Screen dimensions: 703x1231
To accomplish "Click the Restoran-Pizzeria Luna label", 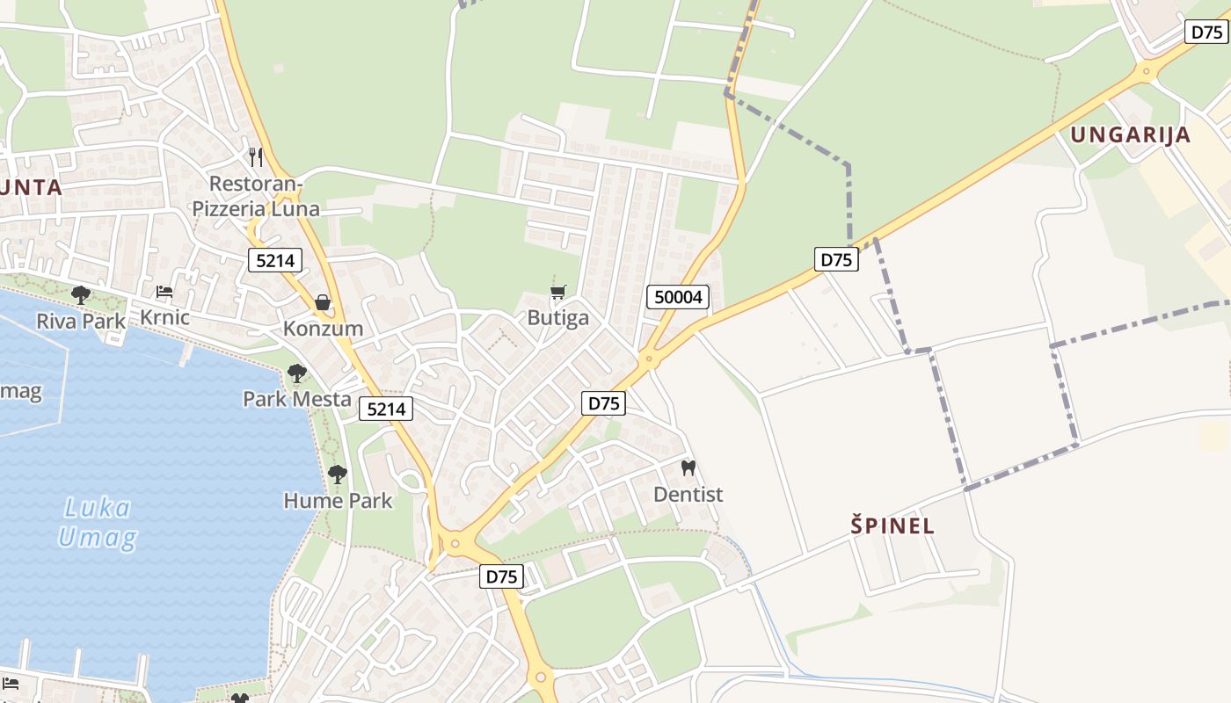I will click(256, 196).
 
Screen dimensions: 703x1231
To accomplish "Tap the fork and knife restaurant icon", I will click(256, 157).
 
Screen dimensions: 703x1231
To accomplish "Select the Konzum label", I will click(323, 329).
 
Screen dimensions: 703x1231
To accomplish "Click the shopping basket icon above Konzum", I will click(323, 302).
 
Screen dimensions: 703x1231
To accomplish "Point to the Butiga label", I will click(558, 317).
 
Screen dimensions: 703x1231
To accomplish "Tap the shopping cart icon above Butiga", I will click(558, 292).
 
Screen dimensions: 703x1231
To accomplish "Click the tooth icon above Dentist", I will click(688, 467).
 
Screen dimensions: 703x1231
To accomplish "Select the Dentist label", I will click(688, 494).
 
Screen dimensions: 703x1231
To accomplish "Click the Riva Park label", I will click(81, 321).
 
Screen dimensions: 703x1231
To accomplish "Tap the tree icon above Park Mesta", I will click(297, 373).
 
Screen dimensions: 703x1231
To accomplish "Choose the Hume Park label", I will click(338, 501).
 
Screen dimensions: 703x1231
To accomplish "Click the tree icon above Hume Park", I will click(337, 475).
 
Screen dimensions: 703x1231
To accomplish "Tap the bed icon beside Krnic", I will click(164, 292).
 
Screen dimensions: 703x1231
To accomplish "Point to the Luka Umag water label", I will click(97, 522).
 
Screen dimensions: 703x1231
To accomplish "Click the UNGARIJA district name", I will click(1131, 134).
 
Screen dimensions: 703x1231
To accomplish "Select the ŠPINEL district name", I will click(892, 526).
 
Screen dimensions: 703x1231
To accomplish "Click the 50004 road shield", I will click(679, 297).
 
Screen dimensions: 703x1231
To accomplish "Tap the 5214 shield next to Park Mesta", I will click(386, 408).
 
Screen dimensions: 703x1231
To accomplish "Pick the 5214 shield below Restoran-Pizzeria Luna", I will click(275, 260).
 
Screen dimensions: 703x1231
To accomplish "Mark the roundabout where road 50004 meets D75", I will click(650, 359).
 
